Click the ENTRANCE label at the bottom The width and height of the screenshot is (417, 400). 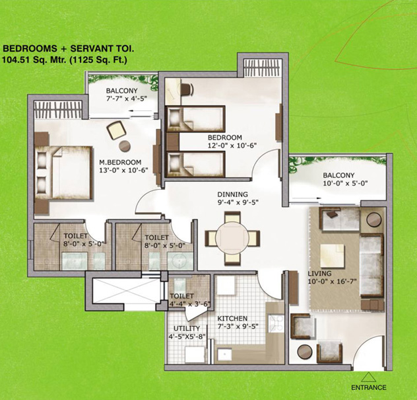[x=369, y=387]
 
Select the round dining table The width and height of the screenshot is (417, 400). [x=232, y=238]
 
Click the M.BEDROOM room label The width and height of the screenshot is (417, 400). [x=120, y=162]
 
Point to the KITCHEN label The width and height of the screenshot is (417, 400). [x=232, y=319]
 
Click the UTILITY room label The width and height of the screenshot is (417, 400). [x=187, y=329]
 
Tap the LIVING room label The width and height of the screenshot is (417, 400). [x=319, y=274]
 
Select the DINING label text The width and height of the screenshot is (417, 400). [x=232, y=194]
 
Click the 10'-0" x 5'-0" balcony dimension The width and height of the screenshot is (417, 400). [x=345, y=184]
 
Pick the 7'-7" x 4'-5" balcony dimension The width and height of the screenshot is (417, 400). [x=126, y=99]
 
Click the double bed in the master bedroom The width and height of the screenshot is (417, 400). [x=64, y=173]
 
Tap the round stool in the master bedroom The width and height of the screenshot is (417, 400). [x=125, y=145]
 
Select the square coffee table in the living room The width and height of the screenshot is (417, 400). [x=333, y=256]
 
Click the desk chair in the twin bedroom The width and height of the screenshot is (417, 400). [x=187, y=89]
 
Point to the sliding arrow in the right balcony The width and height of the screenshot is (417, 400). [x=307, y=198]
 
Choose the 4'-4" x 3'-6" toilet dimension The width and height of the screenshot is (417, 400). [x=190, y=304]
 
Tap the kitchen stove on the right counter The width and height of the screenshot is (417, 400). [x=276, y=324]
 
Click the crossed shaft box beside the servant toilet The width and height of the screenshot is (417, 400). [x=127, y=290]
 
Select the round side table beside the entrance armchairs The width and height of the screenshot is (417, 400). [x=305, y=352]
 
